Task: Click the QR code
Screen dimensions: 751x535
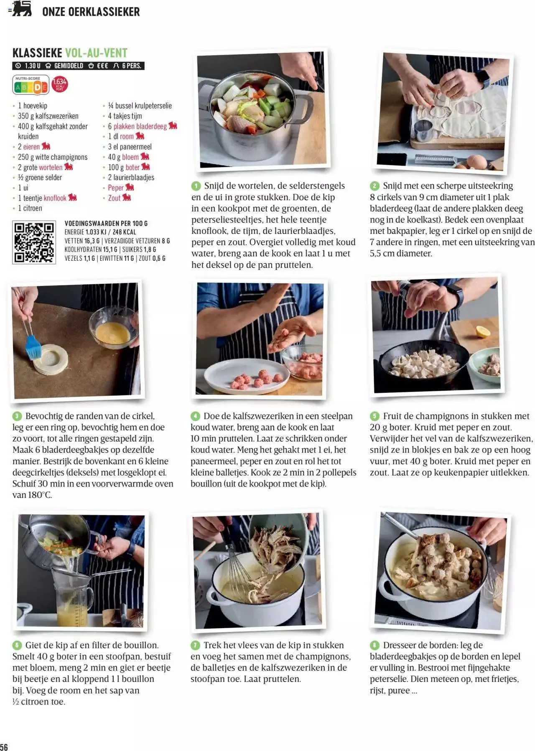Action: pyautogui.click(x=34, y=242)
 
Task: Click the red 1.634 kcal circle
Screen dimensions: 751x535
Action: pyautogui.click(x=60, y=84)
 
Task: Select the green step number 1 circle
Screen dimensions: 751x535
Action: pyautogui.click(x=196, y=186)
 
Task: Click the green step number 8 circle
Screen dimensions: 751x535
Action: pyautogui.click(x=374, y=645)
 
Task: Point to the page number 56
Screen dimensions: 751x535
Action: pyautogui.click(x=4, y=747)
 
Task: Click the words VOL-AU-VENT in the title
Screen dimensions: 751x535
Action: pyautogui.click(x=96, y=53)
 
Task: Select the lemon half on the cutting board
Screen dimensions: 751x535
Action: pyautogui.click(x=483, y=331)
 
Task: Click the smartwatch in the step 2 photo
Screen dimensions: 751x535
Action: pyautogui.click(x=484, y=77)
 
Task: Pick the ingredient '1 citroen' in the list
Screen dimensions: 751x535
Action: pyautogui.click(x=30, y=208)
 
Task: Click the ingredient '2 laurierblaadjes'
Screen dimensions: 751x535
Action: pyautogui.click(x=131, y=178)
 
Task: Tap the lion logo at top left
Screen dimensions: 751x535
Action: pyautogui.click(x=21, y=8)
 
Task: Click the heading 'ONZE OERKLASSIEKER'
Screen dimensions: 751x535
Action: pyautogui.click(x=91, y=12)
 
